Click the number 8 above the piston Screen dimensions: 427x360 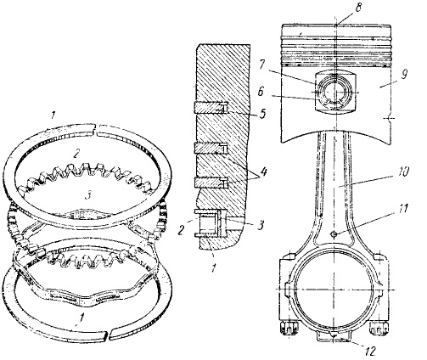click(358, 8)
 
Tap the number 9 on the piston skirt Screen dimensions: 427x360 click(404, 76)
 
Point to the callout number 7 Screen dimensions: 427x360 click(261, 65)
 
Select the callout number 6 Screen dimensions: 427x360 click(260, 92)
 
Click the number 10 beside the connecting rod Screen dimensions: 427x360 click(403, 172)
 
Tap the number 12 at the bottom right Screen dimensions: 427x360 click(369, 351)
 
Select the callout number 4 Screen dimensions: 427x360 click(264, 172)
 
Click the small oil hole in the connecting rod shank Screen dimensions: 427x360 click(334, 233)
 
